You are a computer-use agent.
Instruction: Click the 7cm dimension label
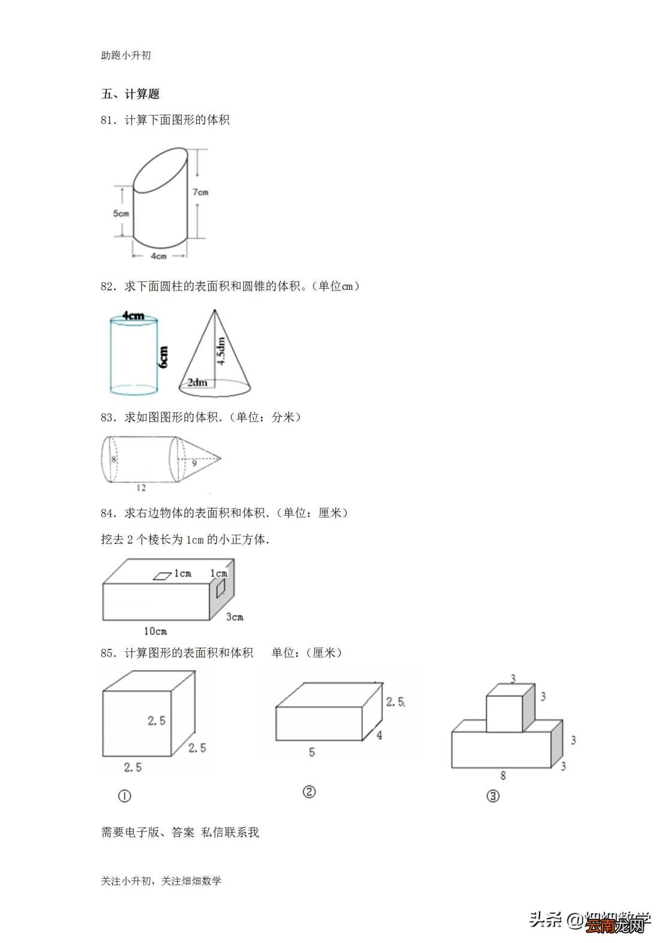200,192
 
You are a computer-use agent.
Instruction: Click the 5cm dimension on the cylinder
121,213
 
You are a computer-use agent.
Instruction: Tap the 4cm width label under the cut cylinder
158,256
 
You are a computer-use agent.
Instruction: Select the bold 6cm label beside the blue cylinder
163,357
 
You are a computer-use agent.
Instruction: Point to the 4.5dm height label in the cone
221,351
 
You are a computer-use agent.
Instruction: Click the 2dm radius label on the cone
197,382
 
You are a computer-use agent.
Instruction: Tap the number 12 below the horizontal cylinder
141,488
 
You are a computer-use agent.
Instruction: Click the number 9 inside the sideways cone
194,463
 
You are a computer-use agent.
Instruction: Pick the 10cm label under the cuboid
155,631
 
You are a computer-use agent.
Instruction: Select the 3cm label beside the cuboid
235,616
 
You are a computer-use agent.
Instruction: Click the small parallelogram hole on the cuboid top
162,576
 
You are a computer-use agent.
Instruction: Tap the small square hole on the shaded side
221,587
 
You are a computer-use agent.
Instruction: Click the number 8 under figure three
503,775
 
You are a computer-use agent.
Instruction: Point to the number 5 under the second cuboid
311,752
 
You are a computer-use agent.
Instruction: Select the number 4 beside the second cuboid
379,735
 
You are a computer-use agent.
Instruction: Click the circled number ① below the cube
125,796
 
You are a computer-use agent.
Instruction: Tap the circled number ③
493,796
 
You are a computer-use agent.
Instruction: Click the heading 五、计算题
130,94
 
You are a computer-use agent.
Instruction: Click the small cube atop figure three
504,713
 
